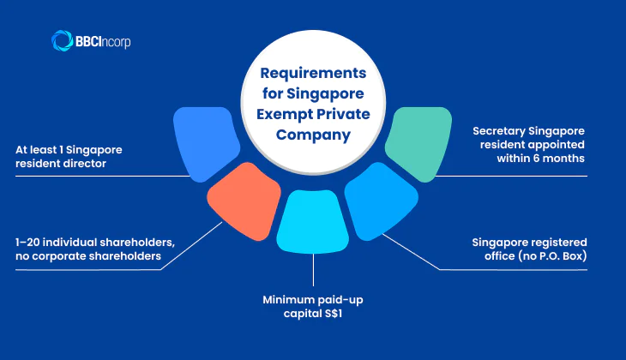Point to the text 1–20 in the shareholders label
coord(30,243)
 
